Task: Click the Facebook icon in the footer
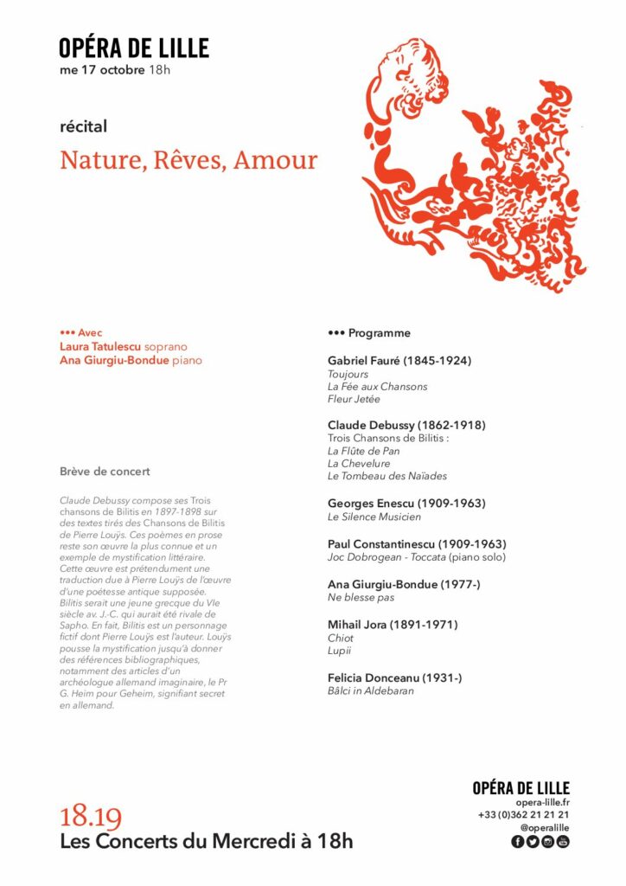518,842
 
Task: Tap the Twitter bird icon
533,842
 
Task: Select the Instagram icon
547,842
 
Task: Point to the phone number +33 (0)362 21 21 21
523,815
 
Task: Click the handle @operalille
545,828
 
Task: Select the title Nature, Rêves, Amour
188,161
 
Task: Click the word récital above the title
83,126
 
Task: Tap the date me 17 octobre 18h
115,69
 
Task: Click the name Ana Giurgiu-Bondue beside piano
114,360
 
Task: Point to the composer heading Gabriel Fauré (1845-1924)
399,360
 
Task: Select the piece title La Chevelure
358,463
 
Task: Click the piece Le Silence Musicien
374,517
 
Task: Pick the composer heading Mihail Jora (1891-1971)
393,624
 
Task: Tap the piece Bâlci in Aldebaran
370,691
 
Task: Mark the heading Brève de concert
105,472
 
